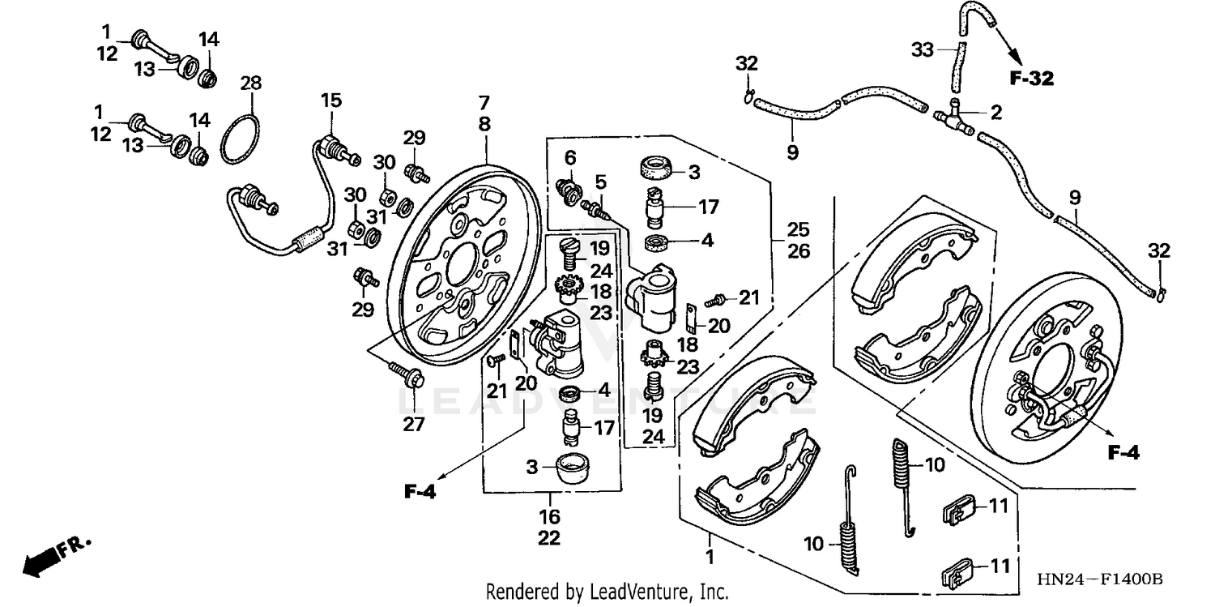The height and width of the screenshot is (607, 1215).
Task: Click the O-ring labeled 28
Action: click(241, 139)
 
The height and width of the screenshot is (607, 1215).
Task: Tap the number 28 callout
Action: click(251, 83)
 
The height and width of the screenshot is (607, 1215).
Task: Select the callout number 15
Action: click(330, 100)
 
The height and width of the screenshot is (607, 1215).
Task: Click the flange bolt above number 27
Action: click(409, 374)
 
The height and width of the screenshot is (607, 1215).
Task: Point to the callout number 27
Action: click(414, 424)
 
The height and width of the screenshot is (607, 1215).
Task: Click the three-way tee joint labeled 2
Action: click(957, 114)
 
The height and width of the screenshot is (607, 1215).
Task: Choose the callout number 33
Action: click(923, 50)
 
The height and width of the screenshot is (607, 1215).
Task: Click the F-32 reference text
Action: click(1031, 79)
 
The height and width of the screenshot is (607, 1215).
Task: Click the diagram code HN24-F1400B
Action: click(1102, 580)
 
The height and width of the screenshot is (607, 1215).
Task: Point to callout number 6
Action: click(570, 156)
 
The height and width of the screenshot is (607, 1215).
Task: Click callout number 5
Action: click(600, 180)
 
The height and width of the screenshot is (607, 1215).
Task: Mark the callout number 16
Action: click(549, 516)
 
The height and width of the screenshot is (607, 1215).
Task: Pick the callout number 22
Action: click(549, 538)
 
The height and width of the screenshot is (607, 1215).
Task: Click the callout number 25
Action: click(799, 229)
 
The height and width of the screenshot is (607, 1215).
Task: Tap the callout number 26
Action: click(799, 251)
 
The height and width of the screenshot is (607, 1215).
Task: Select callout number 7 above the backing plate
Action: click(484, 103)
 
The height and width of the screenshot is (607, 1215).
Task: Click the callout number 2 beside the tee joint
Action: click(995, 113)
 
